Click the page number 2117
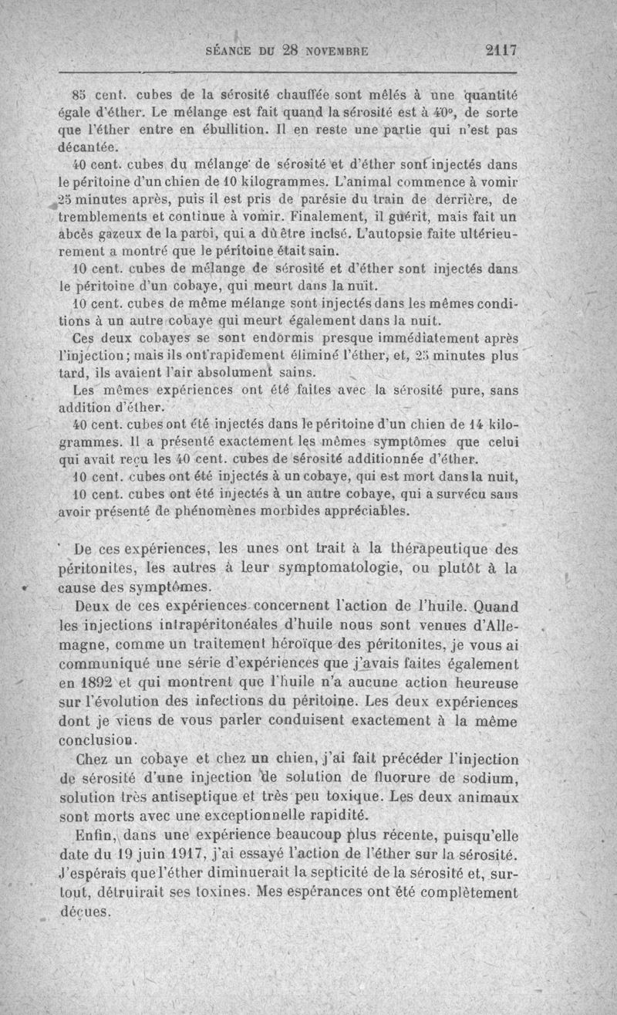coord(500,52)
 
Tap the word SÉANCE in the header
coord(231,52)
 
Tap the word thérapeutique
coord(436,550)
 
